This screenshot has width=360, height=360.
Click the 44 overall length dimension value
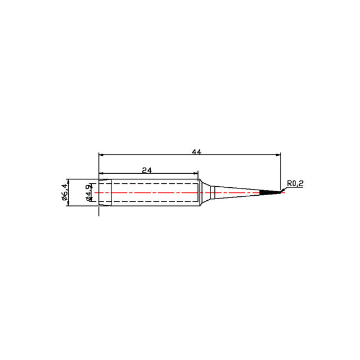tap(196, 152)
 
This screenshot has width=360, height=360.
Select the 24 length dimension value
tap(147, 170)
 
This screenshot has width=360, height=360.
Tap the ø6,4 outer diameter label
tap(65, 192)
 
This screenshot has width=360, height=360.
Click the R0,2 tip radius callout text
tap(295, 183)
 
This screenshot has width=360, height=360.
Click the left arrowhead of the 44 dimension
tap(101, 155)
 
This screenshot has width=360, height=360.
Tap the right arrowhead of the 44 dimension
tap(278, 155)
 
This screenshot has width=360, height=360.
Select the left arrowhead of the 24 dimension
tap(101, 173)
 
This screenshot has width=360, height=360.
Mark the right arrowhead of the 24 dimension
tap(195, 173)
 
